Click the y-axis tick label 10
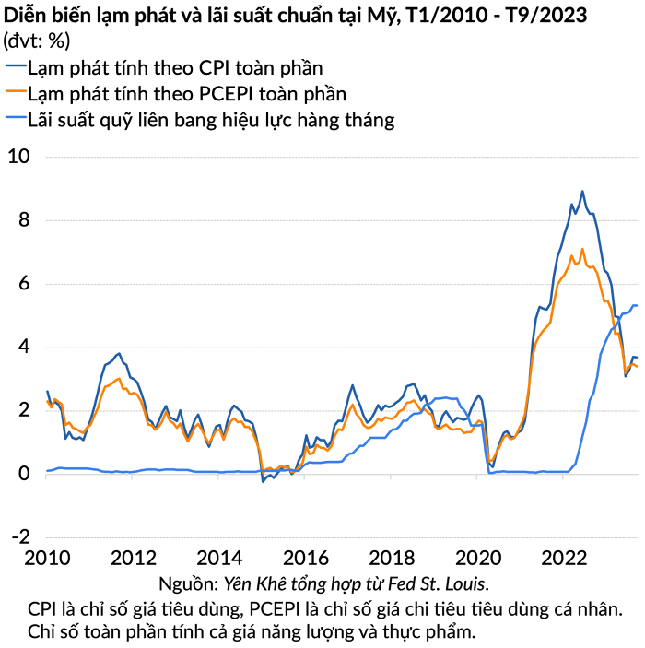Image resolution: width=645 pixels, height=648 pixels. click(19, 157)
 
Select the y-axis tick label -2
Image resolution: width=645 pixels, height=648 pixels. click(20, 536)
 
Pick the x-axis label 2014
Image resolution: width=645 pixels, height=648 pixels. click(219, 559)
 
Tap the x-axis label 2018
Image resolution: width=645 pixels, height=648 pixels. click(391, 559)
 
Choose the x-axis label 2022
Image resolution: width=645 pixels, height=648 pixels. click(562, 559)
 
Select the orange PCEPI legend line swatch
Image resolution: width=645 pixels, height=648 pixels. click(15, 94)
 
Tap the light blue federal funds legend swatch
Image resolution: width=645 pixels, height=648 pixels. click(15, 120)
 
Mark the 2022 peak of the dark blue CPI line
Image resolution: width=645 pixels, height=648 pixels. click(582, 192)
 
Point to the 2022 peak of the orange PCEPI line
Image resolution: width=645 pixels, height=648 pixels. click(582, 249)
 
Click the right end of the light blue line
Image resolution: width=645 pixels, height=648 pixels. click(637, 306)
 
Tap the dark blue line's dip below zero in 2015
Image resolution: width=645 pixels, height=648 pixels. click(263, 480)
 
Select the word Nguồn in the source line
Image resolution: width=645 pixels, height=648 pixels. click(187, 583)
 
